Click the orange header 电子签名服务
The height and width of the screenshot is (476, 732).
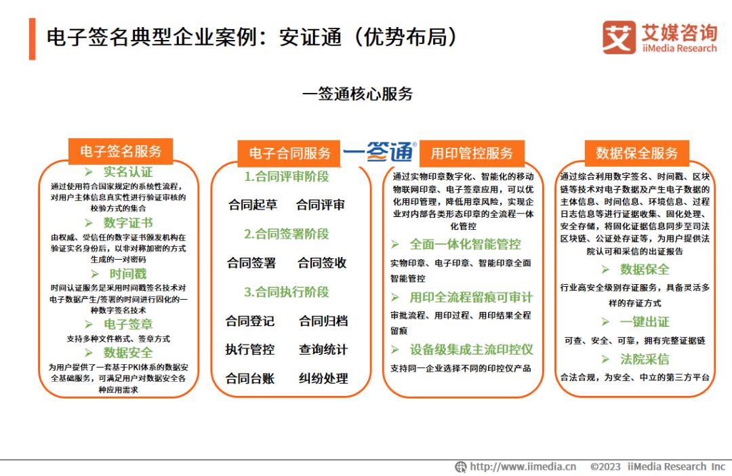(121, 151)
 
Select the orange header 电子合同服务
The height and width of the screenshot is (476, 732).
(289, 153)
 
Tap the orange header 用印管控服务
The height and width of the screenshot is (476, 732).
(472, 153)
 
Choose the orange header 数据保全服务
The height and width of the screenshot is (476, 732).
(636, 153)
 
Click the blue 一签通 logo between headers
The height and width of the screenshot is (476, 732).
(379, 151)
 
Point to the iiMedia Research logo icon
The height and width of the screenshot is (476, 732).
(619, 37)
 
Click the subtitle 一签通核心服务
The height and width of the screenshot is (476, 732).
(358, 94)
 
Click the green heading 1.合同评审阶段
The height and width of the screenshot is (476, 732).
(287, 176)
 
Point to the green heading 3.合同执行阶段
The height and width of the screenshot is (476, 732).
(287, 292)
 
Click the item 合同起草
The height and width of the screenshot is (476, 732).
(253, 205)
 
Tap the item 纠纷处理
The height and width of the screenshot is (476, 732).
(323, 378)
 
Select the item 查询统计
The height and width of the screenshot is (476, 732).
(323, 349)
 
